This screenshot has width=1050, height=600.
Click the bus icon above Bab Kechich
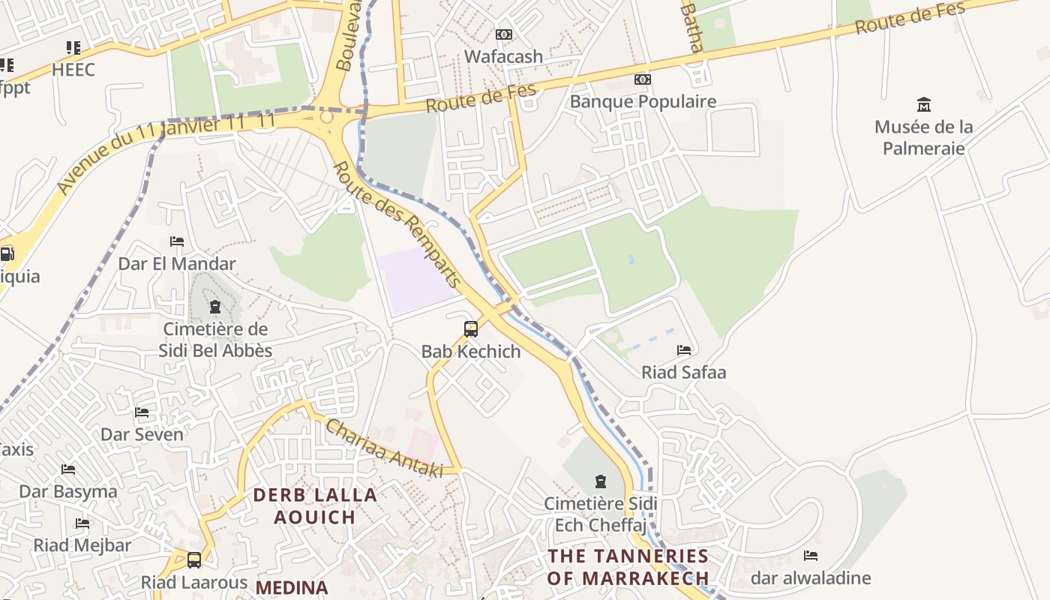(x=471, y=328)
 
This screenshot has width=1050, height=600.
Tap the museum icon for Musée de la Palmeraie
(x=923, y=105)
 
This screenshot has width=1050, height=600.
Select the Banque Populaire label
(x=643, y=101)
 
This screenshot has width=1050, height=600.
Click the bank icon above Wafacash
(x=504, y=34)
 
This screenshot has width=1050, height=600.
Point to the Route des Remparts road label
(x=397, y=224)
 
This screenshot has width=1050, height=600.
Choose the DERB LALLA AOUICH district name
(x=314, y=506)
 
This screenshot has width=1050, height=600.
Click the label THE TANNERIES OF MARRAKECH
(x=628, y=567)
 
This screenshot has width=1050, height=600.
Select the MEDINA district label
(x=292, y=588)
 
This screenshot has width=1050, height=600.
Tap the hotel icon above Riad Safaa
(x=683, y=350)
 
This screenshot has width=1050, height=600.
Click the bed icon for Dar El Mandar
(x=177, y=241)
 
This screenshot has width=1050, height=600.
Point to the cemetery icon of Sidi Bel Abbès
(x=215, y=307)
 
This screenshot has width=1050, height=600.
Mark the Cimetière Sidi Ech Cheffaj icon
(x=600, y=481)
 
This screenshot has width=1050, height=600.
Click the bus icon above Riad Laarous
(x=194, y=559)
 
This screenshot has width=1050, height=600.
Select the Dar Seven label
(x=142, y=434)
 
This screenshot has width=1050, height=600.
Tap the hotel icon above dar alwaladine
(x=810, y=556)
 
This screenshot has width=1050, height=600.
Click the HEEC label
(x=73, y=70)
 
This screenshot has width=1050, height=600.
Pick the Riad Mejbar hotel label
(x=82, y=545)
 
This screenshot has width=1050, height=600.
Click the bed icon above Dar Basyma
(x=68, y=469)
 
